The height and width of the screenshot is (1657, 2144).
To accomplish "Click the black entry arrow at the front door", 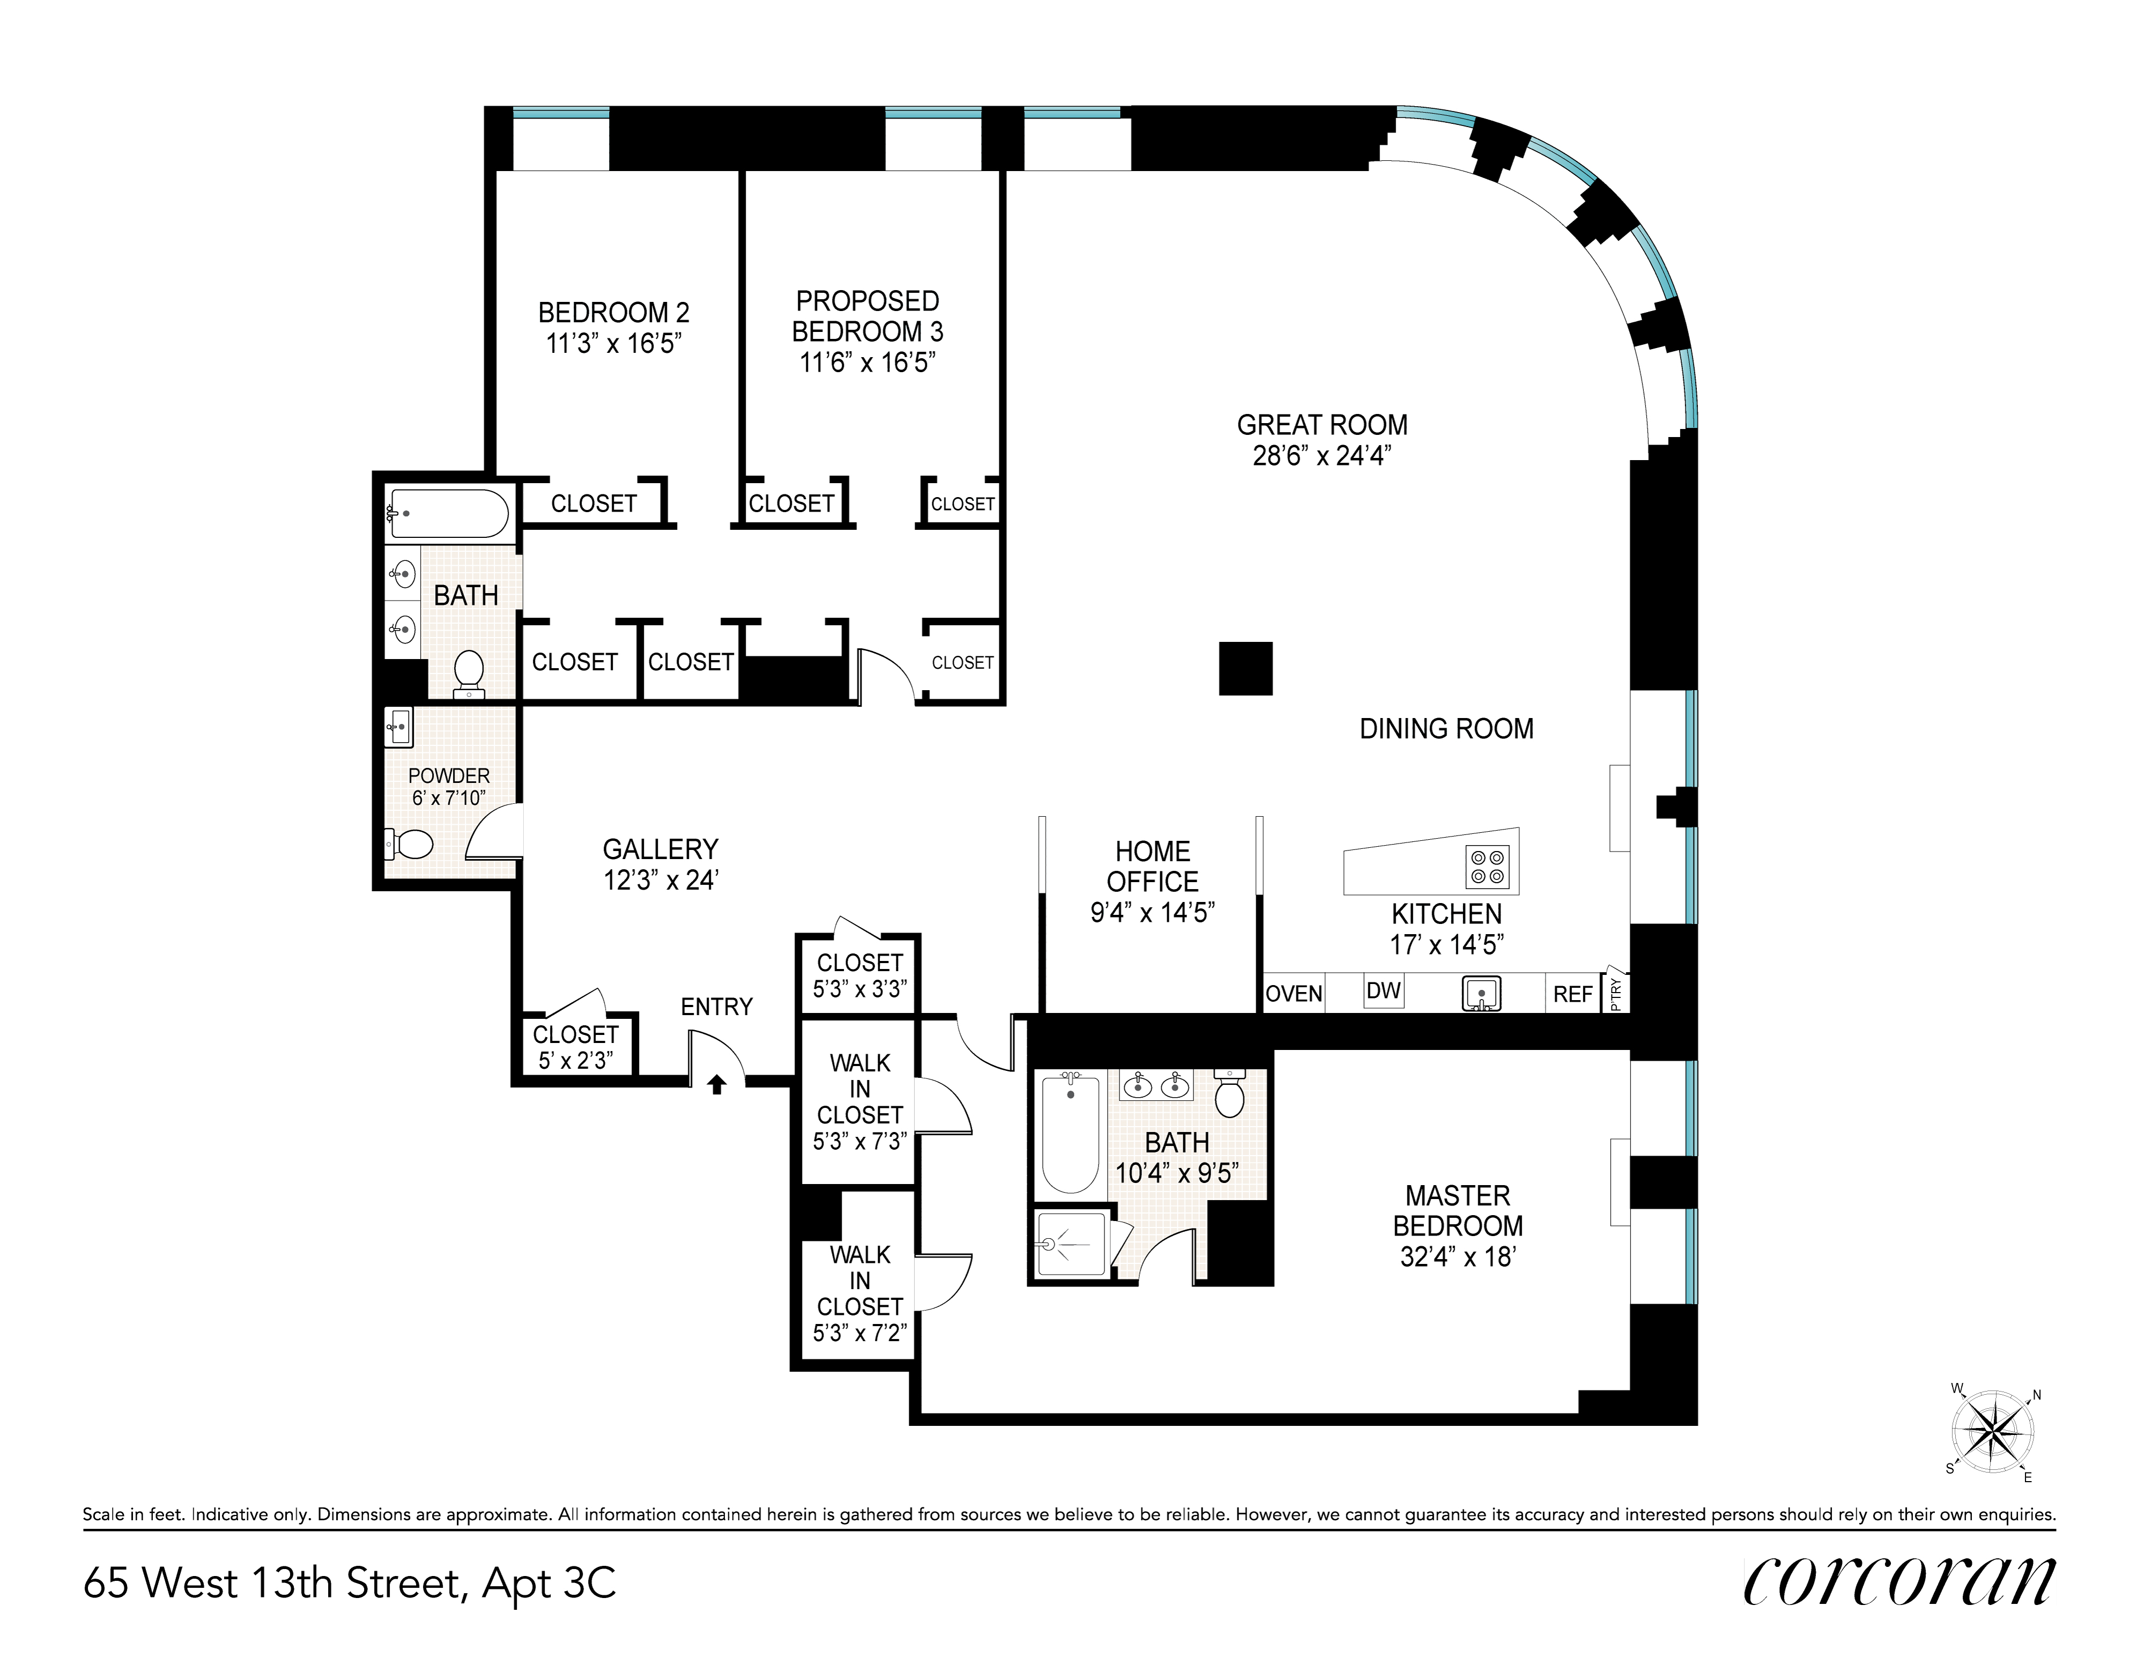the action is pyautogui.click(x=717, y=1084).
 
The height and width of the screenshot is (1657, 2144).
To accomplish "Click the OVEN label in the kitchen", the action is pyautogui.click(x=1294, y=994).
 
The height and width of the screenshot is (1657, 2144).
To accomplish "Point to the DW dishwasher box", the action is pyautogui.click(x=1383, y=990).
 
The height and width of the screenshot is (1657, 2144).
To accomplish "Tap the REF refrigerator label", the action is pyautogui.click(x=1572, y=994).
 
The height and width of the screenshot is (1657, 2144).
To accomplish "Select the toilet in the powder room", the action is pyautogui.click(x=410, y=843).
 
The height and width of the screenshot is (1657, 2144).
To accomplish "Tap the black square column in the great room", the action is pyautogui.click(x=1246, y=669).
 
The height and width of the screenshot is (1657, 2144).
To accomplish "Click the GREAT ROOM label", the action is pyautogui.click(x=1322, y=425).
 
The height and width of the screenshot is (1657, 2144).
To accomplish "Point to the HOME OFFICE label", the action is pyautogui.click(x=1153, y=866).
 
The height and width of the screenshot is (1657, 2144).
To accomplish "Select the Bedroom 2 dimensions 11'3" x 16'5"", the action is pyautogui.click(x=613, y=344).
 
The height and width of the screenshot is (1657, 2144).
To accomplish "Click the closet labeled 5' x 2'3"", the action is pyautogui.click(x=575, y=1046).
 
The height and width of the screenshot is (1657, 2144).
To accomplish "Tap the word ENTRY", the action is pyautogui.click(x=717, y=1006).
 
